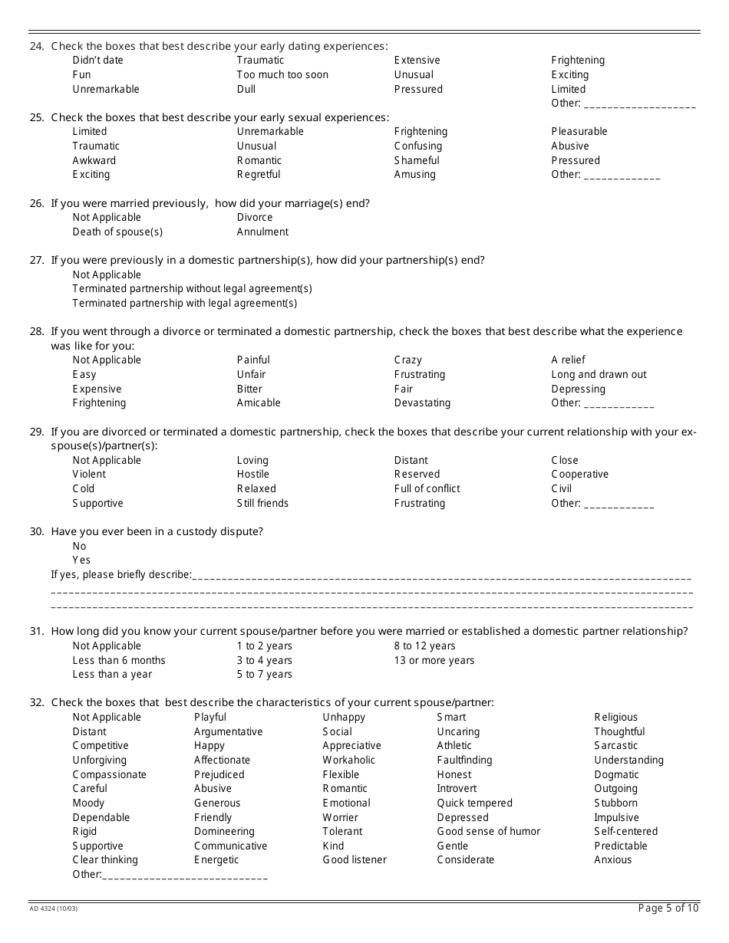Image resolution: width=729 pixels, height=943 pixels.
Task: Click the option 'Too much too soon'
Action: (x=282, y=74)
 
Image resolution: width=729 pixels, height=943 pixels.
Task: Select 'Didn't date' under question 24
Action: (x=97, y=60)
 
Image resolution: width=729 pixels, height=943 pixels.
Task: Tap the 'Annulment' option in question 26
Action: (x=262, y=232)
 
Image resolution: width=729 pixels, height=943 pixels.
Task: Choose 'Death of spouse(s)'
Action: (x=117, y=232)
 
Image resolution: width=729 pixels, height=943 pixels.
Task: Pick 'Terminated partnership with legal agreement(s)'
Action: (x=184, y=303)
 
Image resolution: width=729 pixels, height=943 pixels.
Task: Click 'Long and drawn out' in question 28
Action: (x=599, y=374)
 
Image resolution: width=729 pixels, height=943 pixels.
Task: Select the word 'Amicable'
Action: (x=259, y=402)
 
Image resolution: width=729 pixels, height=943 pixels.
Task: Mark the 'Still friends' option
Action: (x=262, y=503)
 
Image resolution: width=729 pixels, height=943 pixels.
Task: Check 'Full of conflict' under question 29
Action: (x=427, y=488)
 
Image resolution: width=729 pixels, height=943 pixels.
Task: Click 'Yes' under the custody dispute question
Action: (x=81, y=560)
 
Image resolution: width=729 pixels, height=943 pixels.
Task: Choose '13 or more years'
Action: (x=434, y=660)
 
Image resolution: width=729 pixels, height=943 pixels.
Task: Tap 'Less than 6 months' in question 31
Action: (x=119, y=660)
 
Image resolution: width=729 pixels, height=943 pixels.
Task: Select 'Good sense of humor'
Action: (x=488, y=831)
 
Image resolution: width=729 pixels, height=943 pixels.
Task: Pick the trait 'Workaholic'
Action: (x=348, y=760)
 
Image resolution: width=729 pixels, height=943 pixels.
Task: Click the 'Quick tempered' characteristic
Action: (x=474, y=803)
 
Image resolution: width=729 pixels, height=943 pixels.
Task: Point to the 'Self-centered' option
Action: (x=625, y=831)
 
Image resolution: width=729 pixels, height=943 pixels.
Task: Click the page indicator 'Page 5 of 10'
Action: (x=668, y=909)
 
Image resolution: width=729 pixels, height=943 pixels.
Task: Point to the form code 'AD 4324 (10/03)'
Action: (x=53, y=909)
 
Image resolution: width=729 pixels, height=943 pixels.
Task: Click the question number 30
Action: (x=36, y=531)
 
